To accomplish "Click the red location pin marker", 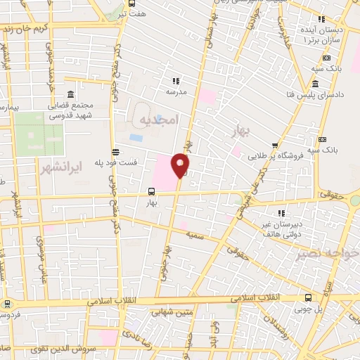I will click(181, 165).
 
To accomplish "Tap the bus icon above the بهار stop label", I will click(151, 191).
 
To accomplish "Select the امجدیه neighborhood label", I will click(160, 120).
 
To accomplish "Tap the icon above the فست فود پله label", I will click(115, 150).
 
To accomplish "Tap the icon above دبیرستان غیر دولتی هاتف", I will click(281, 213).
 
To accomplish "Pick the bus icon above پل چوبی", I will click(309, 297).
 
